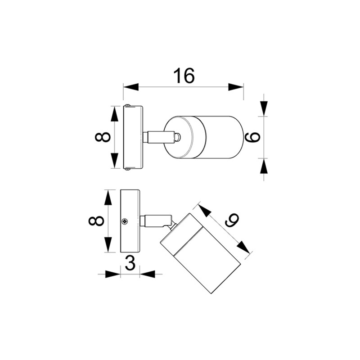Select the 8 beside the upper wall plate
(103, 137)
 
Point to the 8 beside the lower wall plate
(97, 221)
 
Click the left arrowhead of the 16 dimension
(131, 87)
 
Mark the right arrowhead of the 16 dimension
(236, 87)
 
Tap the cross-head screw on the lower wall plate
(125, 221)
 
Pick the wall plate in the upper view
(133, 137)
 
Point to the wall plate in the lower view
(130, 221)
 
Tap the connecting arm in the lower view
(155, 221)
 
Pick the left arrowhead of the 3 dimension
(112, 274)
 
